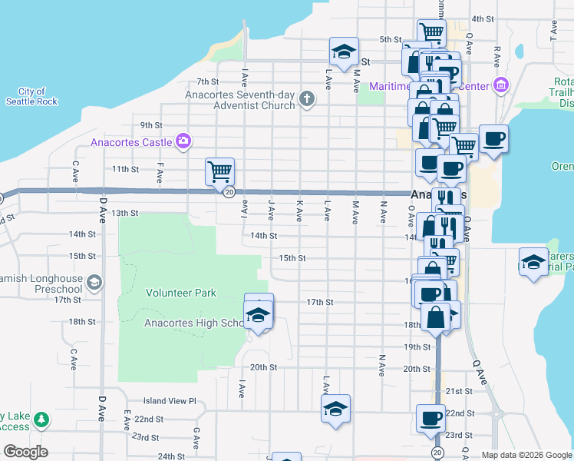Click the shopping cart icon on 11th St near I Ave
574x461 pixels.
[219, 171]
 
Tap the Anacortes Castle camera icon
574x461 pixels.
[183, 141]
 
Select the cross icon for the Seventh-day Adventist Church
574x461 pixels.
[306, 98]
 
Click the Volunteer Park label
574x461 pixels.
[182, 293]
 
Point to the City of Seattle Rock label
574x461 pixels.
[31, 96]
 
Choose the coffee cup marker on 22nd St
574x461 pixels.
[430, 418]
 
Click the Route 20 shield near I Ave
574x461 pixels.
[229, 192]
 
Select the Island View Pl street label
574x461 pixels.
[170, 401]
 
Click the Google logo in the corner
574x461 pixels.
[25, 452]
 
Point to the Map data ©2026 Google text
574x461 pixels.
[526, 455]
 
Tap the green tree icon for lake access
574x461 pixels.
[42, 420]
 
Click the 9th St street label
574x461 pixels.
[151, 125]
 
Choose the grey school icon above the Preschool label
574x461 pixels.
[93, 282]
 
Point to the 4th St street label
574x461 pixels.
[482, 19]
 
